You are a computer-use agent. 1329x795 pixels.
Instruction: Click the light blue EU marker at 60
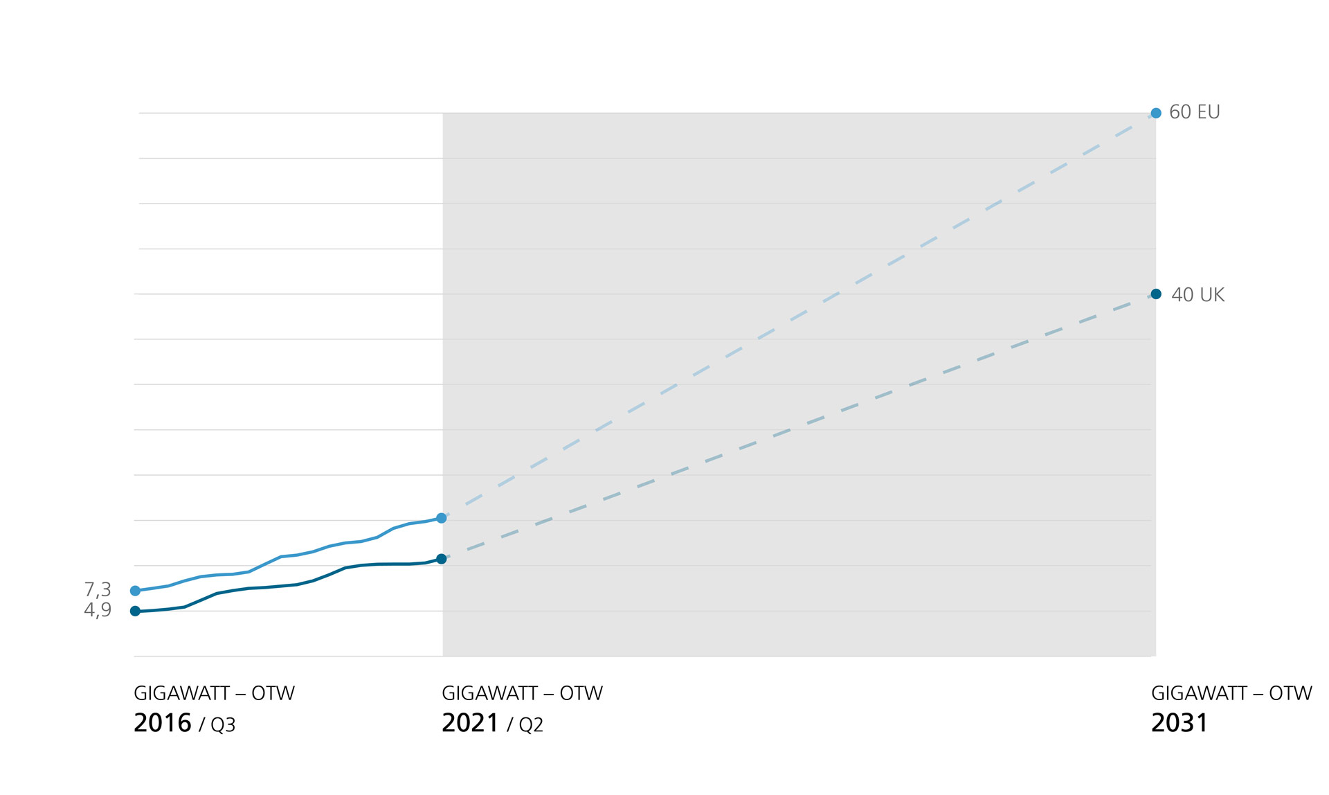tap(1156, 113)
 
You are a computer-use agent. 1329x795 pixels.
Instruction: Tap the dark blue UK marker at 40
tap(1156, 294)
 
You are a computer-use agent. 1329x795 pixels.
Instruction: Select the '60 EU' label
tap(1194, 112)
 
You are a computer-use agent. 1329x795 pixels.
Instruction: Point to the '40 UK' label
tap(1197, 295)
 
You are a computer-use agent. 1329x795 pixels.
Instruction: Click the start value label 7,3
tap(98, 589)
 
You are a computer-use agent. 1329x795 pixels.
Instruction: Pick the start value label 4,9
tap(98, 610)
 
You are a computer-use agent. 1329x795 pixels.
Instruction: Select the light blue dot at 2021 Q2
tap(441, 518)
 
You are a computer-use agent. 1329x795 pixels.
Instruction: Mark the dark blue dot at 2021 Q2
tap(441, 559)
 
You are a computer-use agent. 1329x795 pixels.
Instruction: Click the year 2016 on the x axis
tap(162, 723)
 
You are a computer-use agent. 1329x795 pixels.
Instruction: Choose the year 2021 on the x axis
tap(470, 723)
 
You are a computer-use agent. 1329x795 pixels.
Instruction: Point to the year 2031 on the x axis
tap(1179, 723)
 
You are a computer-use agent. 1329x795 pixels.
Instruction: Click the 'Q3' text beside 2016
tap(223, 725)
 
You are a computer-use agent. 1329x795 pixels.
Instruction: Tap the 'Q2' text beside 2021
tap(531, 725)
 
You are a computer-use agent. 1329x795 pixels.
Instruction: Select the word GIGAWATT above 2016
tap(181, 693)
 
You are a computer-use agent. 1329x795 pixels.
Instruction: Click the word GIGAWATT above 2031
tap(1199, 693)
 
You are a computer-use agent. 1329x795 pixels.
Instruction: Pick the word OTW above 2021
tap(581, 693)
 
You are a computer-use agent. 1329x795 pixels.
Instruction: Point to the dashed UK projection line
tap(789, 432)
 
